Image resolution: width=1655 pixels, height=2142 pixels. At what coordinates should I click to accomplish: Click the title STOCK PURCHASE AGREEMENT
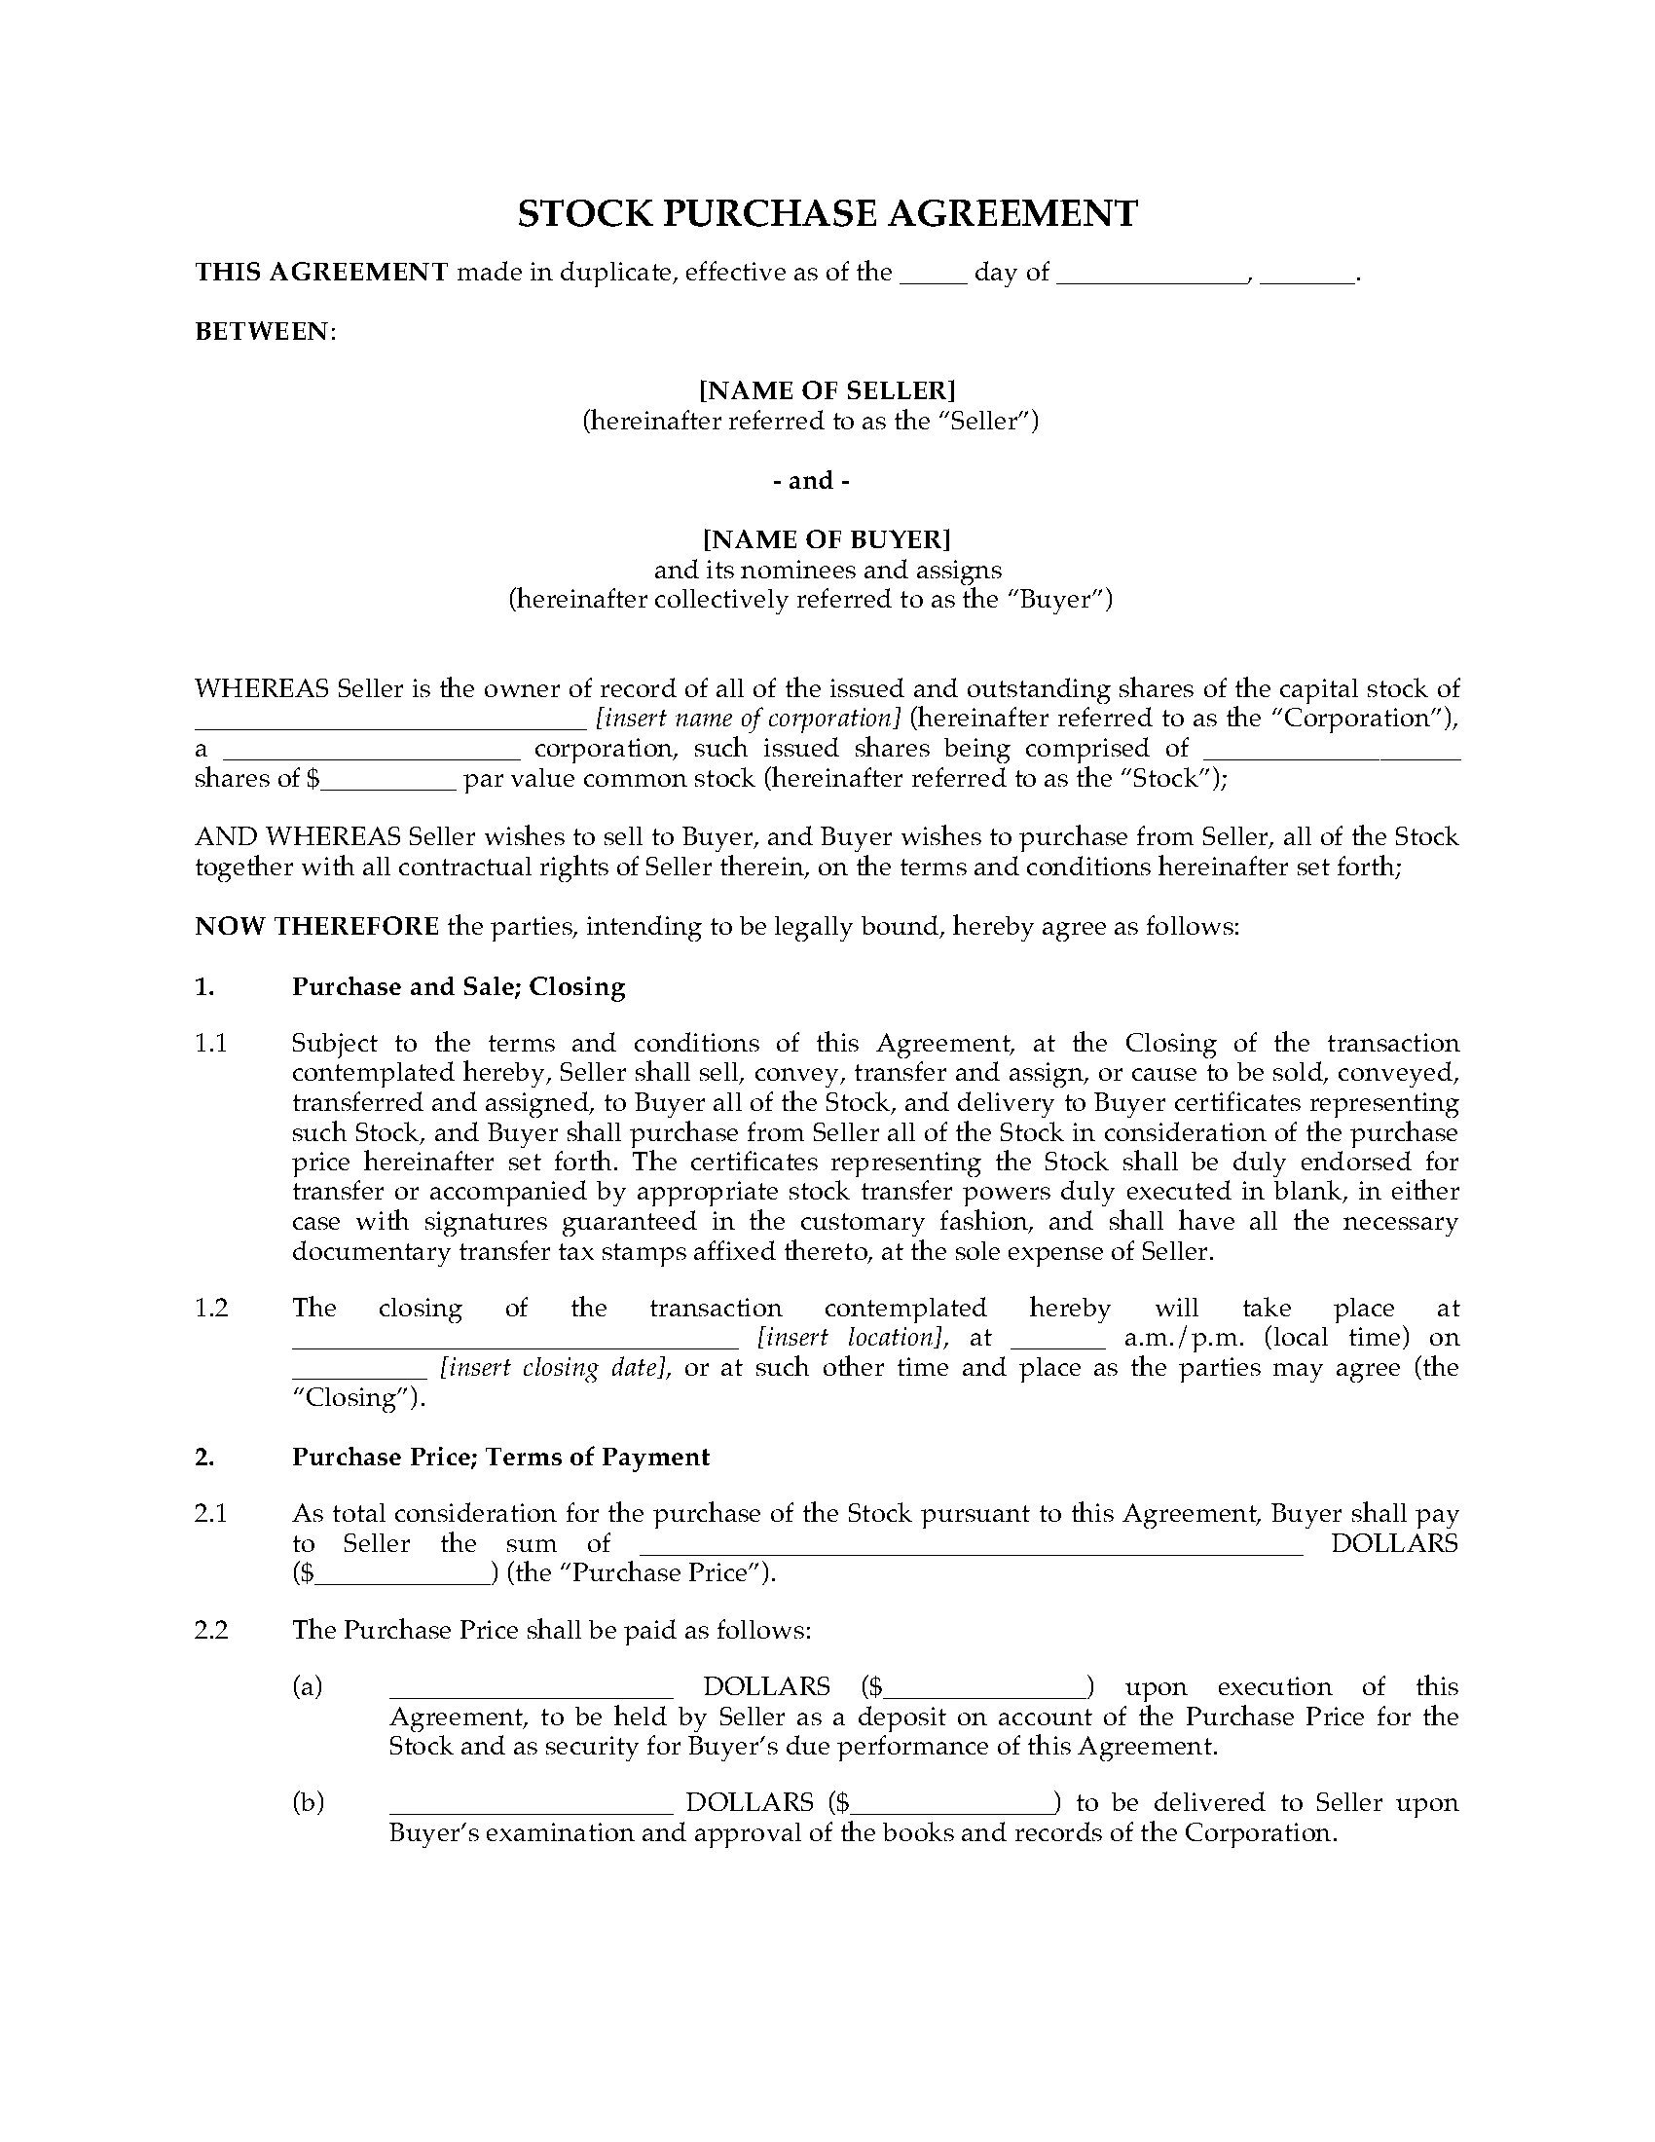827,214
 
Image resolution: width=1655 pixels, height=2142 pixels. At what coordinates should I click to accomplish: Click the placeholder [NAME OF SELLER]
827,390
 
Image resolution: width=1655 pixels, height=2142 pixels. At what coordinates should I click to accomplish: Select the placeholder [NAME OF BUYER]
827,539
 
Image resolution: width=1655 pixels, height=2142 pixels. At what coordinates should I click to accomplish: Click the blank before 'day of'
934,275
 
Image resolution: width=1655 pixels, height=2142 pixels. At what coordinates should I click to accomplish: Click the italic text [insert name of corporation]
748,718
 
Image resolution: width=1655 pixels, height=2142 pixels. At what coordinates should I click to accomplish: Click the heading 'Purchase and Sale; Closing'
458,986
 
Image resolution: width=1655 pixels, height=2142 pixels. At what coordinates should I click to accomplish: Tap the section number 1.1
211,1044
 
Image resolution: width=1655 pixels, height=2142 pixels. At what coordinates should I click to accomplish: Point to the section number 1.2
211,1309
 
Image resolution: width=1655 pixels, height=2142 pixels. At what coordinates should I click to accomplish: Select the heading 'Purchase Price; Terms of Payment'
500,1458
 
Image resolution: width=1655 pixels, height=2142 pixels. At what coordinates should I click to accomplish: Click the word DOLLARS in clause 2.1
1393,1544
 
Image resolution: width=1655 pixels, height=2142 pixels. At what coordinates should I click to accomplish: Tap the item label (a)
308,1687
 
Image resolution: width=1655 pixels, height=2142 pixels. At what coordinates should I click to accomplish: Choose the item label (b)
308,1802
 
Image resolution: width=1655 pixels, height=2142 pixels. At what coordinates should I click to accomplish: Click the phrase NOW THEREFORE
316,927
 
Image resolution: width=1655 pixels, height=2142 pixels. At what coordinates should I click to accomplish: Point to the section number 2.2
211,1630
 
